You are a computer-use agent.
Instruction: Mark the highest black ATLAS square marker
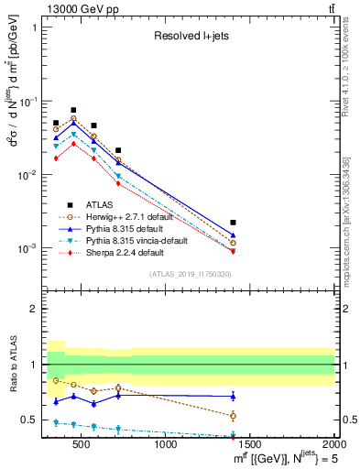(73, 110)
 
